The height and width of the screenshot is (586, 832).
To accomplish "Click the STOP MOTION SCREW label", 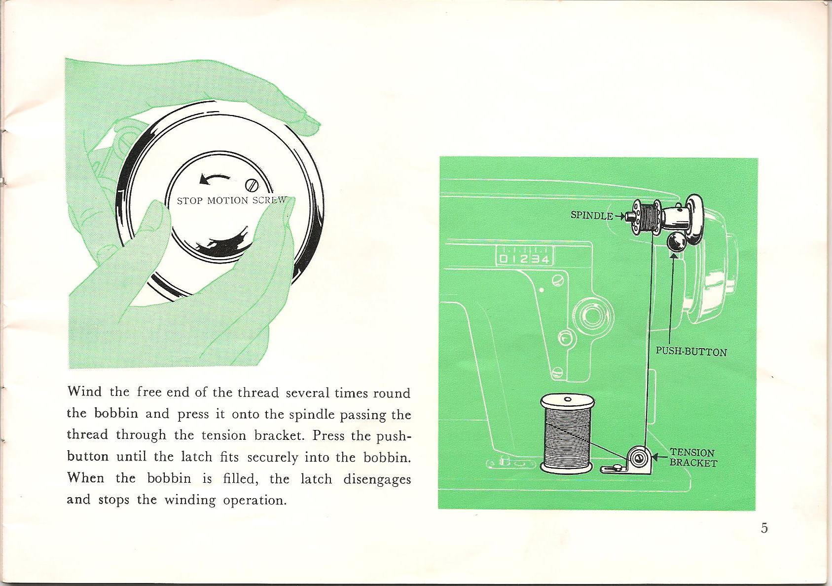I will [x=231, y=200].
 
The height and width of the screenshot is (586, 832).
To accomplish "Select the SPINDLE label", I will [x=591, y=215].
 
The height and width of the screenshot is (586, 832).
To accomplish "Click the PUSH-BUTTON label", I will [x=691, y=352].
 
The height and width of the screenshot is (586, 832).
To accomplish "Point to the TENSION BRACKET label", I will [x=692, y=458].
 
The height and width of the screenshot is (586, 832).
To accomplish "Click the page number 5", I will [x=764, y=528].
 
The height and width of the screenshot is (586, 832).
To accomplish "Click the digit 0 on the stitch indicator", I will [x=502, y=260].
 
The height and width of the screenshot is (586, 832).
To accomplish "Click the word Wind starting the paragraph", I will [x=84, y=392].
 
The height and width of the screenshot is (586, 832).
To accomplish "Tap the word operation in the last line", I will [x=254, y=500].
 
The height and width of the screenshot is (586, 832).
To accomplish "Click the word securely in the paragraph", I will [x=272, y=458].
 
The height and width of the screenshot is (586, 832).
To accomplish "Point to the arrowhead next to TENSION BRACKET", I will [x=656, y=458].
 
